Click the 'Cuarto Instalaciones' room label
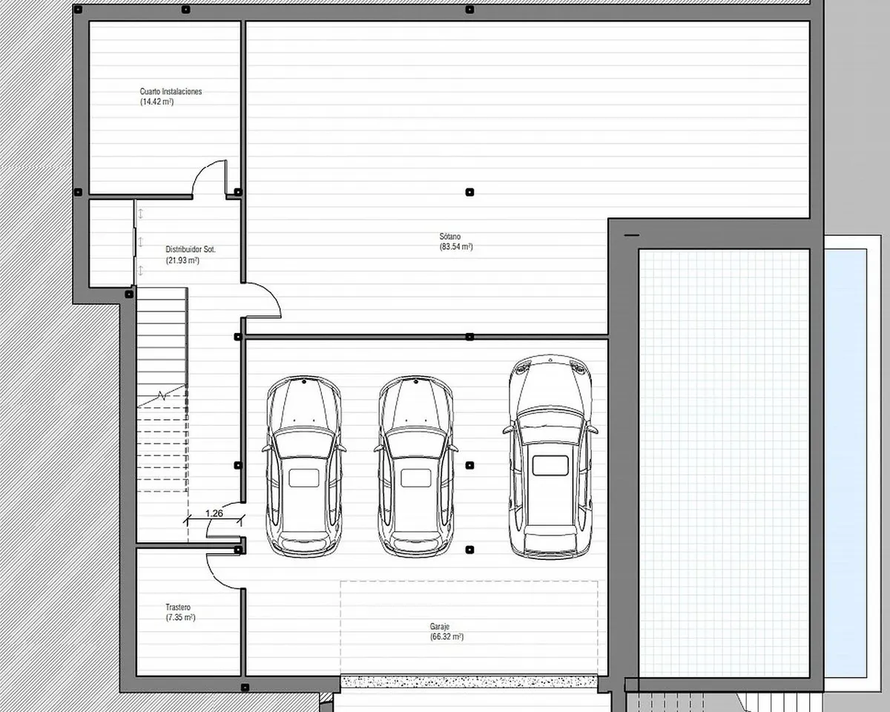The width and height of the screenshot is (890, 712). [171, 91]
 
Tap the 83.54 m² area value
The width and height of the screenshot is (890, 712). [455, 247]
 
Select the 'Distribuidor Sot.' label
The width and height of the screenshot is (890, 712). [191, 249]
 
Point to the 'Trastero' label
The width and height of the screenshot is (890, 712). [178, 607]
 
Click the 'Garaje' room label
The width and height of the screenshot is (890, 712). [439, 627]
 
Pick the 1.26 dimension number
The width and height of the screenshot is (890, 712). [214, 513]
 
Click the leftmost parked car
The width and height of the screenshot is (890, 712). [304, 467]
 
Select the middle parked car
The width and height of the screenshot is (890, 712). [415, 467]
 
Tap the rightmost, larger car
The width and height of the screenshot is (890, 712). [550, 456]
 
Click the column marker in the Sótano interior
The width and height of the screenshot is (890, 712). [469, 192]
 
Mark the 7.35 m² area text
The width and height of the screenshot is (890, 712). [180, 618]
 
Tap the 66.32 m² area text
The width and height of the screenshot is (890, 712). [446, 636]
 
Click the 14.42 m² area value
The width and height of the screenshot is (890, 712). [156, 102]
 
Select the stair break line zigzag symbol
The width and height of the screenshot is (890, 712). [162, 396]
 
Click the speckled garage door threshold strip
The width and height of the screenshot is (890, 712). [469, 682]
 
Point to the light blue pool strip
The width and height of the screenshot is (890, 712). [845, 463]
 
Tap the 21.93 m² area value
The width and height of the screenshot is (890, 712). [182, 260]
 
